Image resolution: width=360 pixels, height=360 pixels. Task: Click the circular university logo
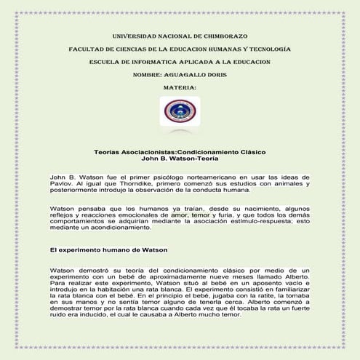(180, 112)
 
